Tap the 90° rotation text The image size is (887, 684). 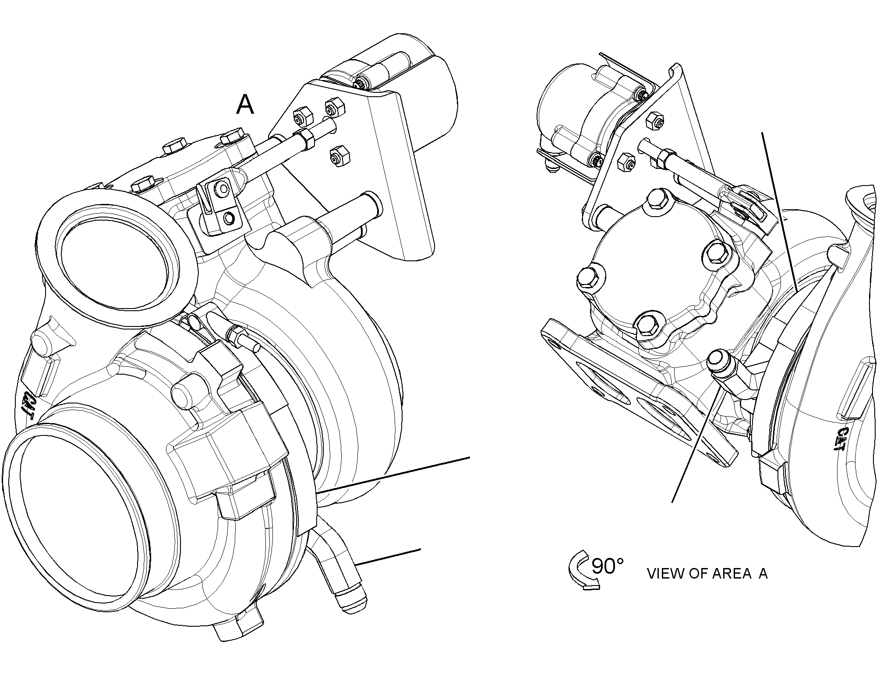coord(608,566)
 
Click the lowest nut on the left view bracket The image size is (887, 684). coord(339,158)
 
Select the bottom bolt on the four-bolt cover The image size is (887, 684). coord(647,324)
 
